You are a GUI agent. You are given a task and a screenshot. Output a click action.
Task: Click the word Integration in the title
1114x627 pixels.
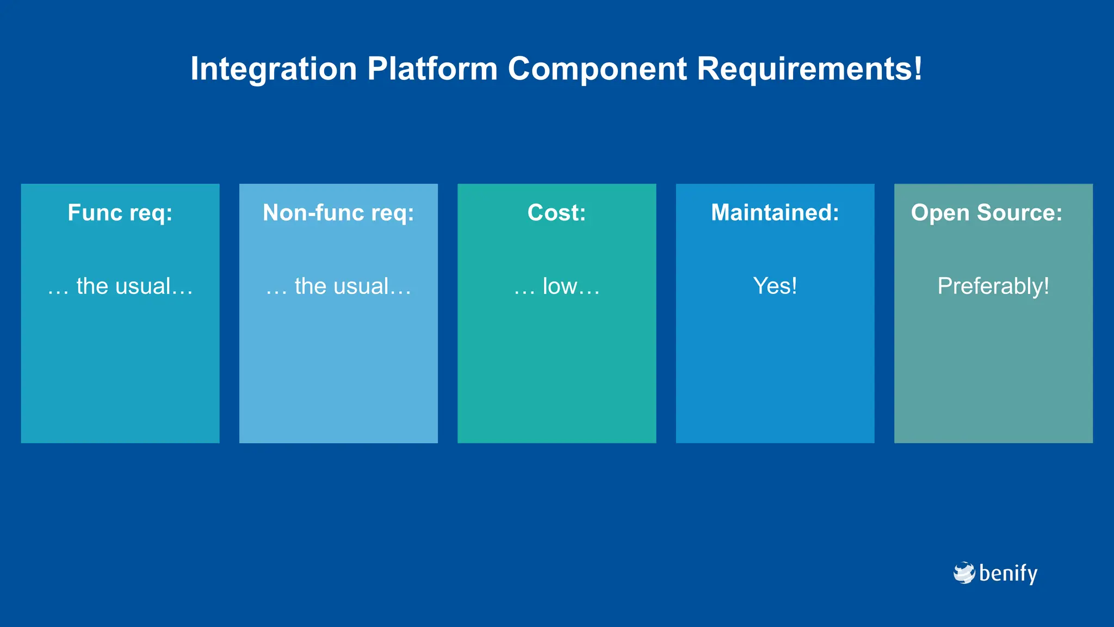click(x=274, y=69)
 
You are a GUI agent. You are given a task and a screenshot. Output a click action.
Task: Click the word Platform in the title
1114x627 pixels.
click(x=432, y=69)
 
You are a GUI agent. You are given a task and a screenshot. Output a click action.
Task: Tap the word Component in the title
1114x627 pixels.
click(x=597, y=69)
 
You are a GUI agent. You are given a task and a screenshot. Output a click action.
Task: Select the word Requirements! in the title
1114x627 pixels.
click(x=810, y=69)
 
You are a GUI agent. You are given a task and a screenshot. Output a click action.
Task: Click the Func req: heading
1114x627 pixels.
click(x=120, y=213)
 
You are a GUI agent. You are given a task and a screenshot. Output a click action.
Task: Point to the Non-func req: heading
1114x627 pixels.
click(x=338, y=213)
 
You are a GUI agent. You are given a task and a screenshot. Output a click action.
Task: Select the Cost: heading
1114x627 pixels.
click(x=556, y=213)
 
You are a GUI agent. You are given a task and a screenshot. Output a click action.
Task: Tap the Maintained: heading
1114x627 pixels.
click(x=775, y=213)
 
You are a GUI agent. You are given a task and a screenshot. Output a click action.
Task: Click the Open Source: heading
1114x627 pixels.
click(x=987, y=213)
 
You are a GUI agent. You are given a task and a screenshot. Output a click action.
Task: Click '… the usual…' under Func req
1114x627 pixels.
click(x=120, y=286)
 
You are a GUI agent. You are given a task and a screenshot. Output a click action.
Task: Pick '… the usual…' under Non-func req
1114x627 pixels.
click(x=338, y=286)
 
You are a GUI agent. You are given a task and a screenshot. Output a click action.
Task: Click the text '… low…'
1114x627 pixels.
click(x=556, y=286)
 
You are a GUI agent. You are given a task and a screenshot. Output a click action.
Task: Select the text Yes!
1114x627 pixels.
click(x=775, y=286)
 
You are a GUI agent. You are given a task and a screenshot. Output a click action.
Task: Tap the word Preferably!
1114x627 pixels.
click(x=993, y=286)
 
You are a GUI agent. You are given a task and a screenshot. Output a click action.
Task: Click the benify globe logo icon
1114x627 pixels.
click(x=964, y=573)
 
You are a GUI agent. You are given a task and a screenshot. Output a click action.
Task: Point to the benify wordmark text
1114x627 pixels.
click(x=1008, y=574)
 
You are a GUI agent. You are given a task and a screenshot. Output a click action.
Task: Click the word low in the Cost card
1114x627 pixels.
click(x=560, y=286)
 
